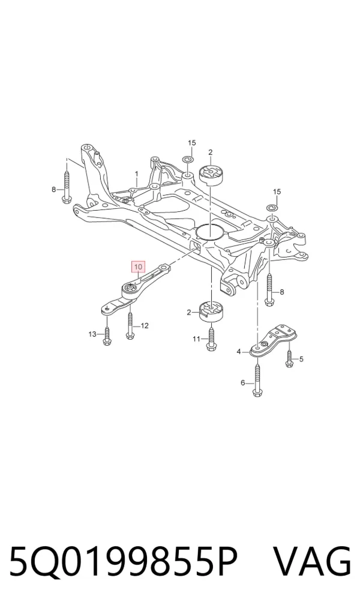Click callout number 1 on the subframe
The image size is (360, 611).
tap(137, 173)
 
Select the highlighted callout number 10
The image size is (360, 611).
tap(139, 267)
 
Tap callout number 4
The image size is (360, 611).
tap(239, 352)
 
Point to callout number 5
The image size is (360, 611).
tap(301, 359)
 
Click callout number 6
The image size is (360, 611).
tap(243, 383)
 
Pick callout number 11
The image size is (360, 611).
tap(196, 339)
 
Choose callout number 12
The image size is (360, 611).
tap(145, 325)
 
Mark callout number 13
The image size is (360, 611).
tap(92, 334)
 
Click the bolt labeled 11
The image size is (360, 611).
tap(211, 339)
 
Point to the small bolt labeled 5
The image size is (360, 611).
tap(289, 358)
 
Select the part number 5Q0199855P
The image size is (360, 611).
tap(123, 562)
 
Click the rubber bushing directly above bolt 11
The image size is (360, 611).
tap(211, 310)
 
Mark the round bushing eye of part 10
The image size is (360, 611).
tap(130, 289)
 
